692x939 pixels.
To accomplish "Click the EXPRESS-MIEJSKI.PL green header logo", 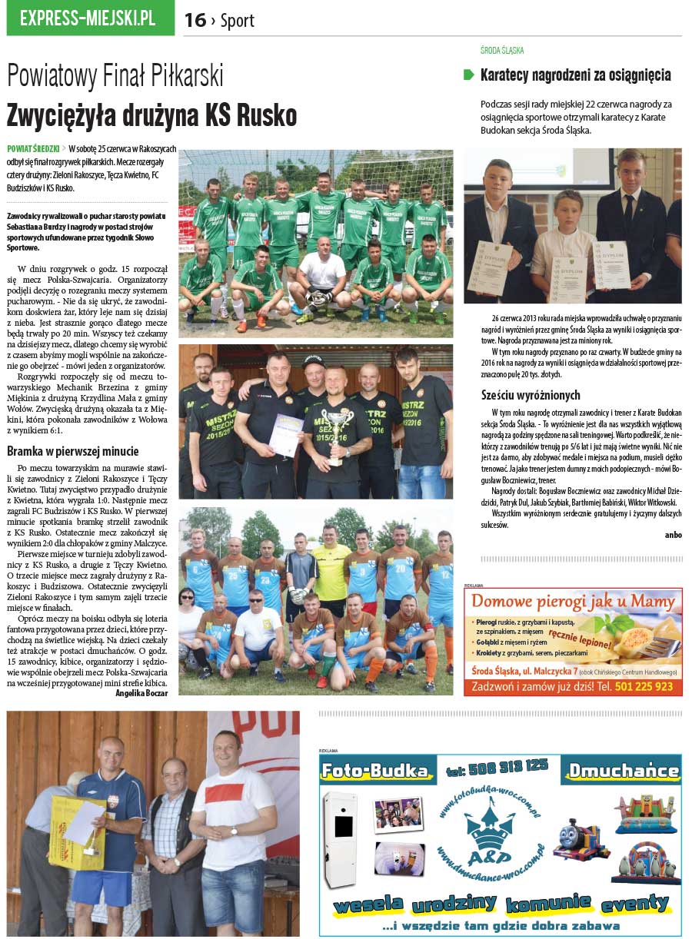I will (x=90, y=18).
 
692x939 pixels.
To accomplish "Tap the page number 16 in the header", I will (x=195, y=21).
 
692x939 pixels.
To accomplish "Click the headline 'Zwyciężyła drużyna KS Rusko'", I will (x=151, y=115).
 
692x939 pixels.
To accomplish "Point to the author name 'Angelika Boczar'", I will (x=141, y=692).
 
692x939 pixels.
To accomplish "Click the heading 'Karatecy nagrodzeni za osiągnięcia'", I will (x=575, y=75).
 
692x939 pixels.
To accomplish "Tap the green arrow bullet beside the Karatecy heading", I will (x=468, y=75).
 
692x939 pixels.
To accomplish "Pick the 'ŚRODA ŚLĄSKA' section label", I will (x=501, y=51).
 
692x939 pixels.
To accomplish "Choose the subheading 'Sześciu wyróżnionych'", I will (x=531, y=396).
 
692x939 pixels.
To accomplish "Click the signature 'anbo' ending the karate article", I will (x=673, y=535).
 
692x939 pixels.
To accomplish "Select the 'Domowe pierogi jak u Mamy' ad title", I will (x=573, y=601).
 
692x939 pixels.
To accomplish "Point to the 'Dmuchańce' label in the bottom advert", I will (x=620, y=769).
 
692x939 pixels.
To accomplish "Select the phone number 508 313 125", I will (x=497, y=765).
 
